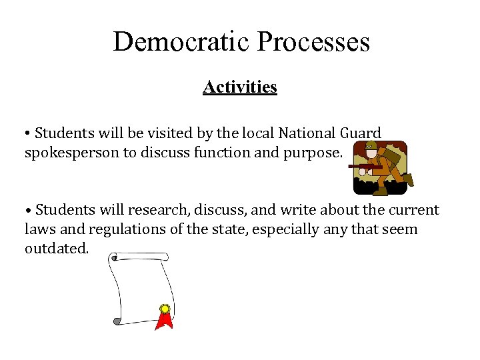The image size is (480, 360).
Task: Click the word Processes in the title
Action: click(x=313, y=41)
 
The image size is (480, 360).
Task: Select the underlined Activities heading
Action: click(x=240, y=87)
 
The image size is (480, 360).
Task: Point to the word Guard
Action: click(x=361, y=133)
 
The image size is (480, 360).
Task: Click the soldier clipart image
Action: click(x=379, y=168)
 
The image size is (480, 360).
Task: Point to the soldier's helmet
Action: click(x=371, y=145)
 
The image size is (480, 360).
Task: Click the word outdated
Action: click(x=55, y=248)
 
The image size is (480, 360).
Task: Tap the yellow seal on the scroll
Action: click(x=164, y=309)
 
